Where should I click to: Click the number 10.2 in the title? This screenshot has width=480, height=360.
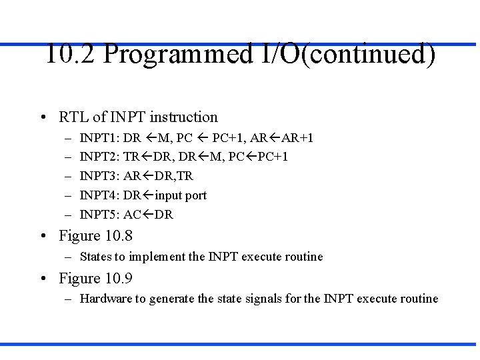click(x=71, y=54)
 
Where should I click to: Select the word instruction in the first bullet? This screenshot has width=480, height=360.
click(x=184, y=117)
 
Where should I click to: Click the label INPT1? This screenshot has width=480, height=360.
click(x=99, y=138)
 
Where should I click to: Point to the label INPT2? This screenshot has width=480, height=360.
click(x=99, y=157)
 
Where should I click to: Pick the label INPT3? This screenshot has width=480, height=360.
click(x=99, y=177)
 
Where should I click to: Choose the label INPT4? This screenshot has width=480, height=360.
click(x=99, y=196)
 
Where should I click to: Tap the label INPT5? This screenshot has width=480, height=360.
click(x=99, y=215)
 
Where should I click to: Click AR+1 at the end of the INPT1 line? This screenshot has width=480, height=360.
click(x=297, y=138)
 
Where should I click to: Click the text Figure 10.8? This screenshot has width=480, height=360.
click(x=95, y=236)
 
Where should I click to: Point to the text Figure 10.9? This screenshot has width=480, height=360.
click(x=95, y=279)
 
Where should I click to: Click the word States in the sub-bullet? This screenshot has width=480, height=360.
click(x=97, y=257)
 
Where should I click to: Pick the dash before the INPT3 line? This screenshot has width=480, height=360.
click(x=68, y=177)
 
